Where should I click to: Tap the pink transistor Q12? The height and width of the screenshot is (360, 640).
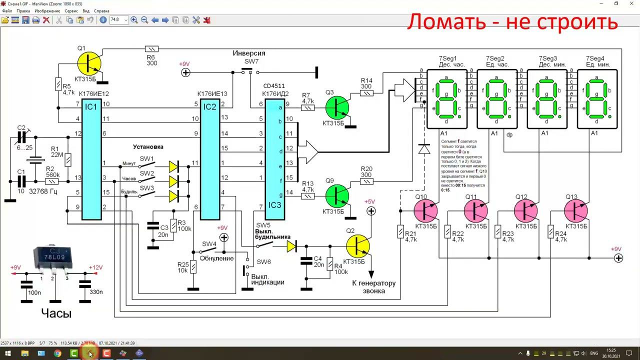click(526, 211)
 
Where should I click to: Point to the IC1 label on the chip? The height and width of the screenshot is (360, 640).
click(91, 106)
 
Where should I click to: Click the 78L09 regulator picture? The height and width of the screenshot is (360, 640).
click(52, 259)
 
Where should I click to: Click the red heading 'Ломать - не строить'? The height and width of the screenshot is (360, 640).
click(512, 21)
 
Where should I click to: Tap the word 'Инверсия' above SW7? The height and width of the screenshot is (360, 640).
click(249, 53)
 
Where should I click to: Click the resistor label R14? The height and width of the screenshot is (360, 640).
click(366, 80)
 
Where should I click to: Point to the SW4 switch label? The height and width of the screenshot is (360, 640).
click(209, 244)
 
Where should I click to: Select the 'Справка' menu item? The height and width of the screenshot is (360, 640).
click(101, 10)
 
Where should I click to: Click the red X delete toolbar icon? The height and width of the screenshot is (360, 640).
click(46, 20)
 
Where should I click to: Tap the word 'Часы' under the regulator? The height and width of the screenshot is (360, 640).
click(56, 313)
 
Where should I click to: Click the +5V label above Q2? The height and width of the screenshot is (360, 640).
click(369, 201)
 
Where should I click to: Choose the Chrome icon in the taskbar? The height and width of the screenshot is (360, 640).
click(57, 353)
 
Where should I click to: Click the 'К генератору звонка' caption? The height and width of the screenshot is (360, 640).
click(373, 286)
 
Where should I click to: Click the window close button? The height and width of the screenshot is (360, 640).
click(631, 3)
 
